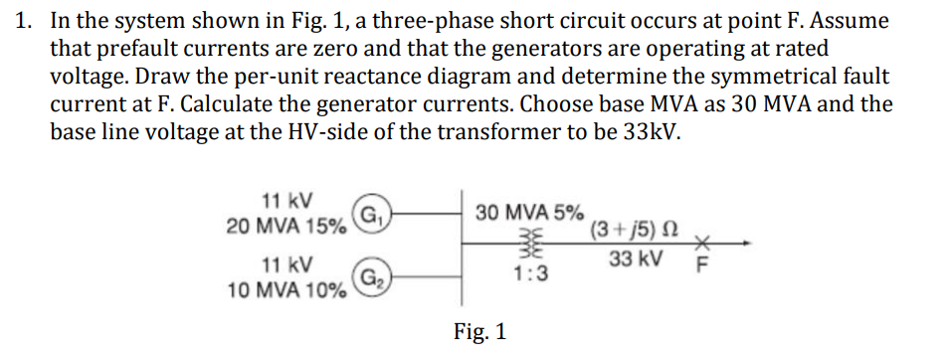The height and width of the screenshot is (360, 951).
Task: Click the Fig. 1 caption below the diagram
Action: pos(479,331)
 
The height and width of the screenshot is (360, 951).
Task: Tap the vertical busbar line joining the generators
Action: pos(461,245)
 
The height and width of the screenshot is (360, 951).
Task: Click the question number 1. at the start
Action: pos(25,21)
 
